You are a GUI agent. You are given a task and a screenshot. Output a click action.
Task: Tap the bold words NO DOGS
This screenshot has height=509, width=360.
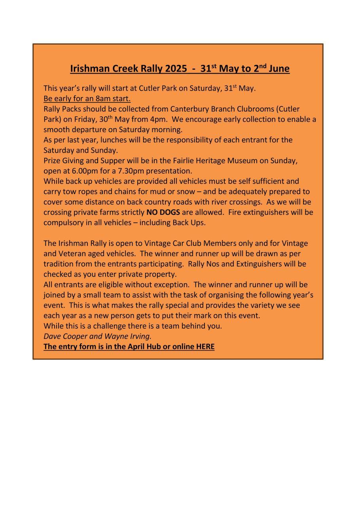163,212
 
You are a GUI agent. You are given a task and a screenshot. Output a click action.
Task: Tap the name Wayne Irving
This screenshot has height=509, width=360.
128,336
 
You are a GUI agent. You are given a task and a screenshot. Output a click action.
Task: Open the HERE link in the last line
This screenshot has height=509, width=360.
205,347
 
